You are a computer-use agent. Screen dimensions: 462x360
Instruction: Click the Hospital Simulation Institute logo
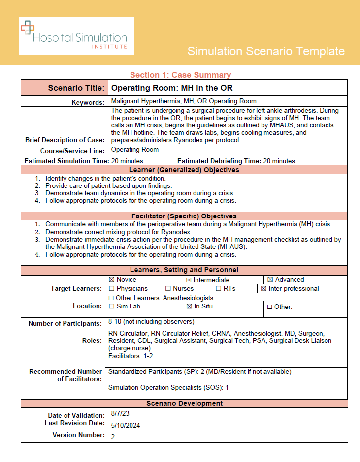[76, 35]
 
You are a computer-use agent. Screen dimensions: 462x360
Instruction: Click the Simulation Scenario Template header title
[266, 52]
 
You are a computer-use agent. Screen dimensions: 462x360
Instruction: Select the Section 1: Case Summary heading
[180, 75]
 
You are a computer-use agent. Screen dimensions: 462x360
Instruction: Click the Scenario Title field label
[76, 88]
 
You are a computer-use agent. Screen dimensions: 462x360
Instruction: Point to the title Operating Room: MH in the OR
[172, 88]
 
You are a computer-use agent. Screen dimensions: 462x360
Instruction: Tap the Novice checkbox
[112, 280]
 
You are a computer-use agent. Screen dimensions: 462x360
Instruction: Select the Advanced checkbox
[270, 280]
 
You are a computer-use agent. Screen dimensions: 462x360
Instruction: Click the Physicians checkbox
[112, 289]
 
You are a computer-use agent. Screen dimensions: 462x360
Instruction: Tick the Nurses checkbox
[168, 289]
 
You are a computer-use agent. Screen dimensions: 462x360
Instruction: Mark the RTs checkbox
[219, 289]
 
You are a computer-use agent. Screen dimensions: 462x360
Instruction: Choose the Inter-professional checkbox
[264, 289]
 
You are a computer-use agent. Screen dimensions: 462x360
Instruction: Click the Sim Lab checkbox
[112, 307]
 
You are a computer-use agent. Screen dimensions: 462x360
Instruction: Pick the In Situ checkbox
[189, 307]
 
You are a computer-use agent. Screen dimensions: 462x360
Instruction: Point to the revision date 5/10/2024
[126, 424]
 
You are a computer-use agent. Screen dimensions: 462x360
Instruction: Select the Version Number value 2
[113, 436]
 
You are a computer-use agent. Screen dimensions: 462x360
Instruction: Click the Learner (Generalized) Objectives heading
[184, 170]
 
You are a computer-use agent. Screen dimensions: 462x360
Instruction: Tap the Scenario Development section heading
[184, 403]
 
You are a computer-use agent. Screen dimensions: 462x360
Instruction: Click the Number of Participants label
[65, 324]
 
